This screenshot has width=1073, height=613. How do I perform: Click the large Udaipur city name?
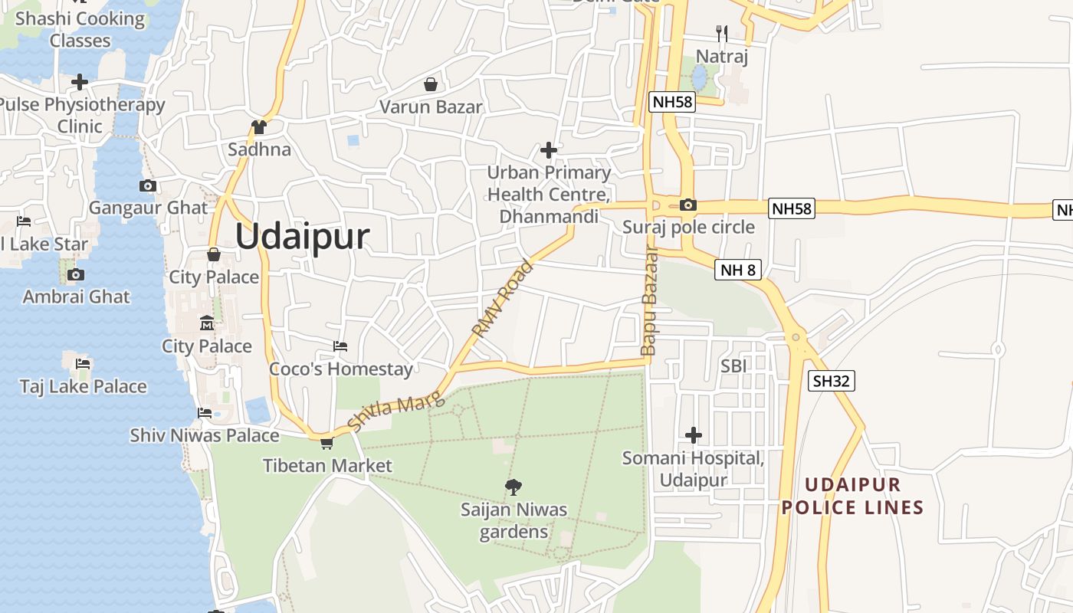pyautogui.click(x=302, y=237)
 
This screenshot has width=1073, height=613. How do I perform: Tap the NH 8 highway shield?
pyautogui.click(x=737, y=269)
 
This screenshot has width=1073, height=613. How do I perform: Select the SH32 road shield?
pyautogui.click(x=831, y=381)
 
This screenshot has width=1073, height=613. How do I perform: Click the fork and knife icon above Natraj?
pyautogui.click(x=721, y=33)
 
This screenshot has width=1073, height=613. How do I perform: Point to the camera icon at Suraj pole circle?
pyautogui.click(x=688, y=205)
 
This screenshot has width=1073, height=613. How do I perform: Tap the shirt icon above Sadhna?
pyautogui.click(x=259, y=127)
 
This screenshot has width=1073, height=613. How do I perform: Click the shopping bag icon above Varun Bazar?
pyautogui.click(x=431, y=84)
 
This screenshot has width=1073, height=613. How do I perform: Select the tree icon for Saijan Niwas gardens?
pyautogui.click(x=514, y=486)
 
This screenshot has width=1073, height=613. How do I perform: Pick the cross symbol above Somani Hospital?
pyautogui.click(x=694, y=435)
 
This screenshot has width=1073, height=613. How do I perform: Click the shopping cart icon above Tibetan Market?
pyautogui.click(x=327, y=443)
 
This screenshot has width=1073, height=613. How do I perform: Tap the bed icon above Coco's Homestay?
pyautogui.click(x=340, y=346)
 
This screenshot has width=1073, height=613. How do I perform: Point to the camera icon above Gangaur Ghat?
pyautogui.click(x=148, y=185)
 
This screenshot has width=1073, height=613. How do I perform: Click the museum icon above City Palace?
pyautogui.click(x=207, y=323)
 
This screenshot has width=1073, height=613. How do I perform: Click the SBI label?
pyautogui.click(x=733, y=366)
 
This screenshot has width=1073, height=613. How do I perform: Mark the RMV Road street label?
pyautogui.click(x=502, y=300)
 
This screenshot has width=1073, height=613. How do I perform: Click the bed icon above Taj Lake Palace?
pyautogui.click(x=83, y=363)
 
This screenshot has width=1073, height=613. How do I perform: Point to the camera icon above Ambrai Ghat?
pyautogui.click(x=75, y=274)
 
